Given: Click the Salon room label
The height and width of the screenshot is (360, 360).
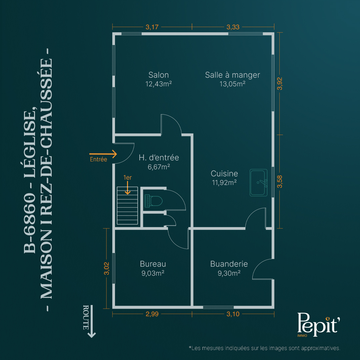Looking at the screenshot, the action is (158, 75).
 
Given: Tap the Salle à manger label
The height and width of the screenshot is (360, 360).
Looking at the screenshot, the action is (232, 75).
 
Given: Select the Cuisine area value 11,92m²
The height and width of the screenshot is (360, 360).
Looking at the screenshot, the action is (224, 183).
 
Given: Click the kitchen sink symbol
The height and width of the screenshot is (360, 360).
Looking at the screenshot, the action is (259, 183).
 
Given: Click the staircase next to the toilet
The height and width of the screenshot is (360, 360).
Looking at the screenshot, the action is (127, 205).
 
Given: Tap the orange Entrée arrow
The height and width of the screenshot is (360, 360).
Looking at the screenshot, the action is (103, 154).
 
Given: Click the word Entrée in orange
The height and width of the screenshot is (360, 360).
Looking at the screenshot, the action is (98, 159).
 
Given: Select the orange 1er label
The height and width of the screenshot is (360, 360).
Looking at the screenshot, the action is (127, 177).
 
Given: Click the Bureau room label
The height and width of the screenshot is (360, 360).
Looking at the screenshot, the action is (153, 264).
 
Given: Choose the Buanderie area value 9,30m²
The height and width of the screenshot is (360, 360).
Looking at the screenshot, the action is (229, 273).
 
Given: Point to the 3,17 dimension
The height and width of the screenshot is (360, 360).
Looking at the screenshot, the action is (152, 27).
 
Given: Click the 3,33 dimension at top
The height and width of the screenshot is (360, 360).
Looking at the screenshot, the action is (233, 27).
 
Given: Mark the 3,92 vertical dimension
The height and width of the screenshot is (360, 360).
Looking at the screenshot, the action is (280, 84).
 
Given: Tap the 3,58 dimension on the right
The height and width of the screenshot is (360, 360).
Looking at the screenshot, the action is (280, 182).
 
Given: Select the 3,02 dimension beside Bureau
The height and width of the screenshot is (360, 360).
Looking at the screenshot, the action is (107, 268).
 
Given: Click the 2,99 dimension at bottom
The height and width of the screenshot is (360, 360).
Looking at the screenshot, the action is (152, 314).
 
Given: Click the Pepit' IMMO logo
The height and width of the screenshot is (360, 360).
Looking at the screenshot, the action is (318, 325).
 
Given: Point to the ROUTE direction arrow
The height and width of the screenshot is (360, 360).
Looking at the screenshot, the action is (92, 321).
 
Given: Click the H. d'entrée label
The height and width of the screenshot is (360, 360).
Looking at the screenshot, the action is (159, 158).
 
